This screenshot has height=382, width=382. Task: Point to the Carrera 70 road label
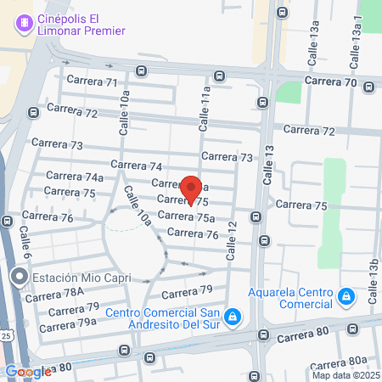(331, 82)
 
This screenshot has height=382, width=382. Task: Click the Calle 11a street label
(205, 109)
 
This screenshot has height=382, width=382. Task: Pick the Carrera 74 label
(136, 166)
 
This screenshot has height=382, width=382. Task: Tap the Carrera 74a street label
(75, 177)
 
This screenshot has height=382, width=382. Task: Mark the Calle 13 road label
(269, 166)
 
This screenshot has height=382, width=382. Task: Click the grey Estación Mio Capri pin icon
(20, 278)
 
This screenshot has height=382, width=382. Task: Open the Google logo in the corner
(27, 372)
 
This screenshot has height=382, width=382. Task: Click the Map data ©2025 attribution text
(345, 375)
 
